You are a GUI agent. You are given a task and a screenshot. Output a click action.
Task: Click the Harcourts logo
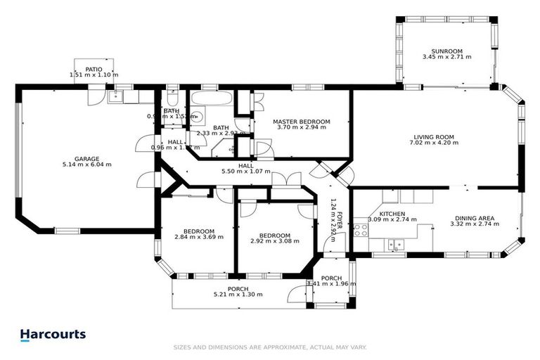53,335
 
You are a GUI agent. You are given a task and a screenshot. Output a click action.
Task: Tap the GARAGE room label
87,158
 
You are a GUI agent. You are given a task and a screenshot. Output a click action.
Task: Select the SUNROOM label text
446,50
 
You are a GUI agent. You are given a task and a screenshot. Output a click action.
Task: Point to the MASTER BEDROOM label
301,122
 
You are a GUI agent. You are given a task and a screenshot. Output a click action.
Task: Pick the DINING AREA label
474,219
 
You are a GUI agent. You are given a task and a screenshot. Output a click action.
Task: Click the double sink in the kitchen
396,244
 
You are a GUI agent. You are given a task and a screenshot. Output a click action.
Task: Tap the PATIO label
94,69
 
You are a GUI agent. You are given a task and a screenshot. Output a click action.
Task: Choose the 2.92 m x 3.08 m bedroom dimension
271,242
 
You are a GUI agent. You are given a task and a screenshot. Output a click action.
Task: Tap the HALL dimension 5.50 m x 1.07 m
245,172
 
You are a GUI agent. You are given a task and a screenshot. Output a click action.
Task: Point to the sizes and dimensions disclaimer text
270,347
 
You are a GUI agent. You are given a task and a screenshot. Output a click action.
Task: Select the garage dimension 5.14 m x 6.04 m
87,165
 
